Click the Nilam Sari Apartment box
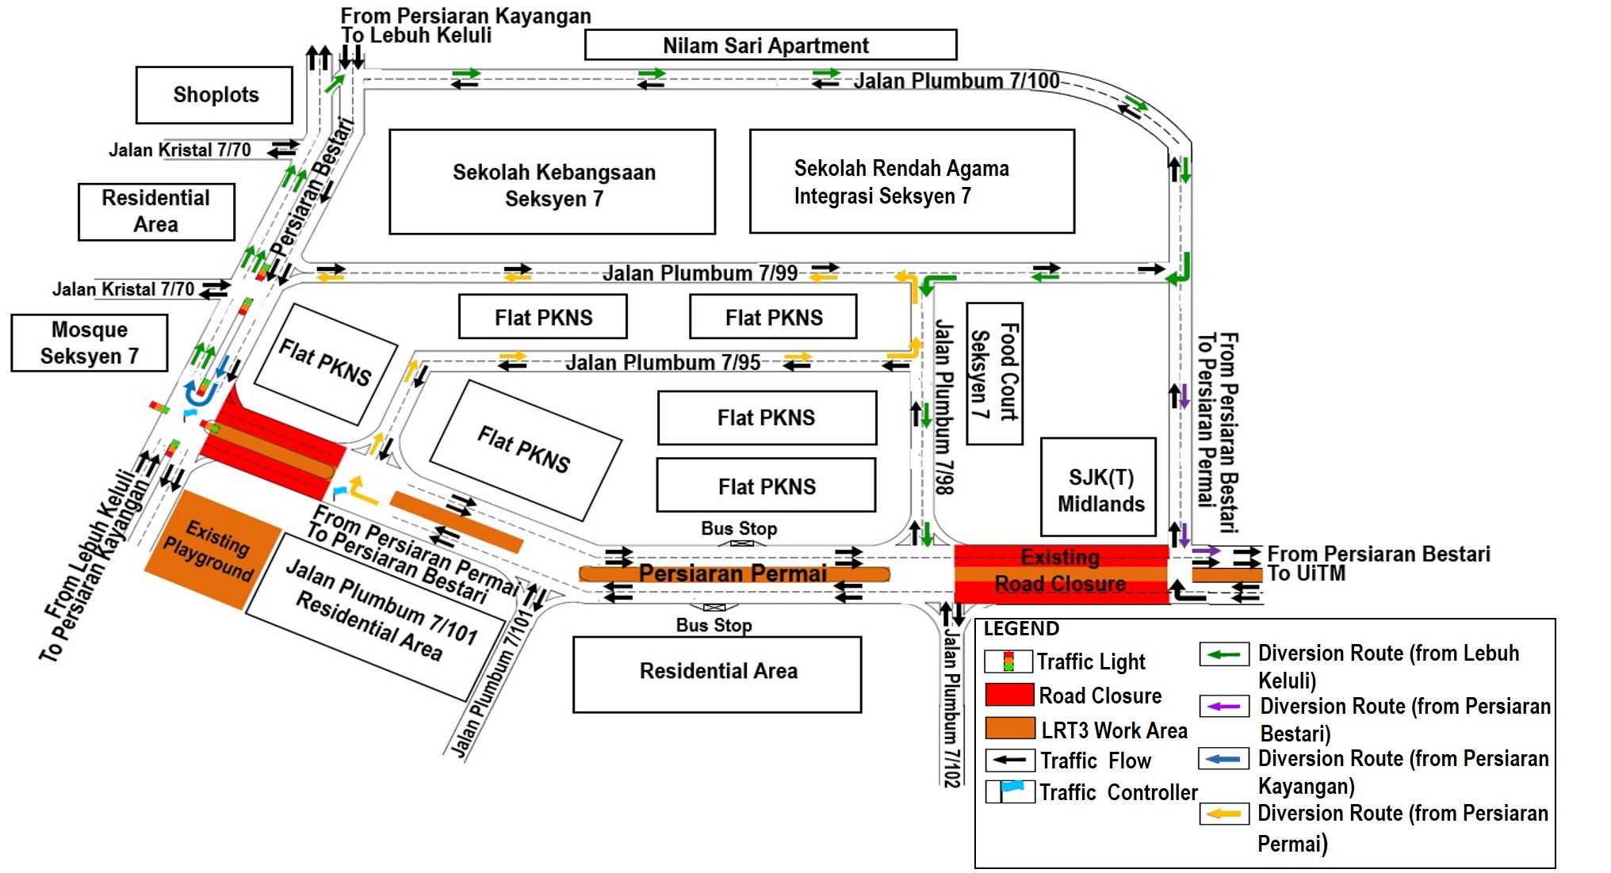point(770,45)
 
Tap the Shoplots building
point(214,95)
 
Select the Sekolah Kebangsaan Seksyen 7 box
point(553,183)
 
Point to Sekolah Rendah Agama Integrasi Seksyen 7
point(912,181)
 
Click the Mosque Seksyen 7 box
point(89,343)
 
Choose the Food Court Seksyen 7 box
point(994,372)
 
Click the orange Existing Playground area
point(211,548)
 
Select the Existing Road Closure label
point(1060,570)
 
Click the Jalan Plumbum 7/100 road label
point(955,81)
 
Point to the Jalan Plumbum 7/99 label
point(699,273)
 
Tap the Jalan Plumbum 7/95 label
point(662,363)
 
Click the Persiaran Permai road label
point(733,573)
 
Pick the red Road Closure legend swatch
point(1009,695)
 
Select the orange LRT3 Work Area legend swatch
point(1009,727)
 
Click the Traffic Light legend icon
point(1008,661)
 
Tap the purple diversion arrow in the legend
point(1224,706)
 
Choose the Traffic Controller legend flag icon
point(1010,791)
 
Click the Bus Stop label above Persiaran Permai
point(738,528)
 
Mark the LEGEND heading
point(1020,629)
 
